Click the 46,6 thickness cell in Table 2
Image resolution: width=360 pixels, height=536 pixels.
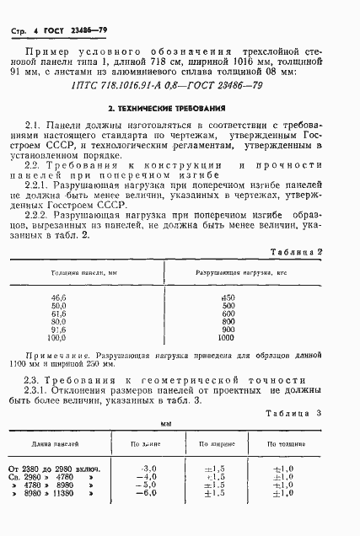click(x=58, y=298)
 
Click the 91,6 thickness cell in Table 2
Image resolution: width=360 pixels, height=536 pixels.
click(x=58, y=330)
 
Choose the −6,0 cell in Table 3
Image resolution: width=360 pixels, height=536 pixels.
click(x=148, y=494)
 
